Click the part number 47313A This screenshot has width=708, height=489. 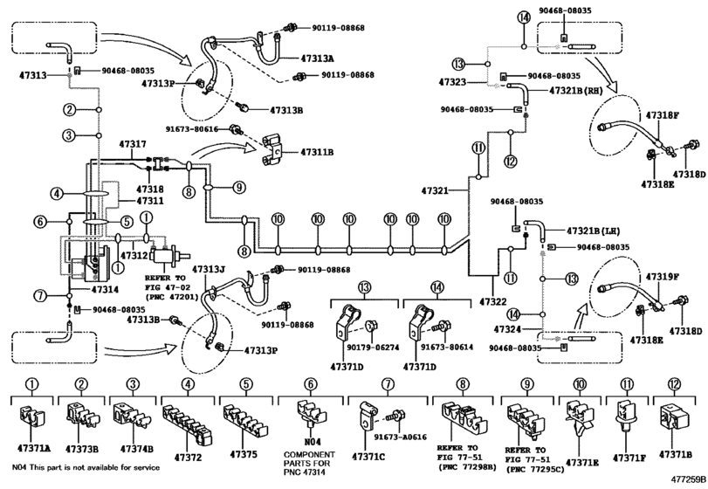(318, 59)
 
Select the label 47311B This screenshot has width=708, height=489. (317, 153)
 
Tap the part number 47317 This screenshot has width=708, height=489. (133, 144)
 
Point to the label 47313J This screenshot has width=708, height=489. (209, 270)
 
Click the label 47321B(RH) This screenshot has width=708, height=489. (576, 91)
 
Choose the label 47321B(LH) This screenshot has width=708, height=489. (594, 231)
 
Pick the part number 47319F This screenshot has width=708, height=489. (663, 277)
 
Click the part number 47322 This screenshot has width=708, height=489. (493, 301)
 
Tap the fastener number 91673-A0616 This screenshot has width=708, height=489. (400, 437)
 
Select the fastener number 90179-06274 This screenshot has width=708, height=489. (373, 348)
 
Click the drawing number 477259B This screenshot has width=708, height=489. (688, 479)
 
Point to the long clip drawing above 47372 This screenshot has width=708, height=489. (187, 424)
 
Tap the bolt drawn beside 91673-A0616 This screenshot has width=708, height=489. (397, 416)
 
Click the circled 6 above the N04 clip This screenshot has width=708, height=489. (310, 384)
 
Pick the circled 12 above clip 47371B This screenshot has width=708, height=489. (674, 384)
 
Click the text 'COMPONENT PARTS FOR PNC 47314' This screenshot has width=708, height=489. (309, 464)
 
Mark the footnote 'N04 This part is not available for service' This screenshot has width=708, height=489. (86, 468)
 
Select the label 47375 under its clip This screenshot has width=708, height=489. (244, 454)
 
